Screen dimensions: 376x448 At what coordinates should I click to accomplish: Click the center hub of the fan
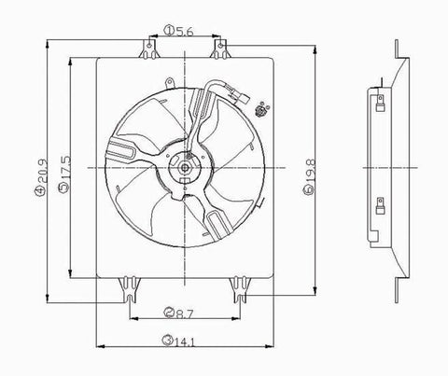(185, 169)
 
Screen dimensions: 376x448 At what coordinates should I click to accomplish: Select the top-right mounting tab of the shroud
(221, 47)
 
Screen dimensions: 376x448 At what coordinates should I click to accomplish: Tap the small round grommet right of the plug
(265, 110)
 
